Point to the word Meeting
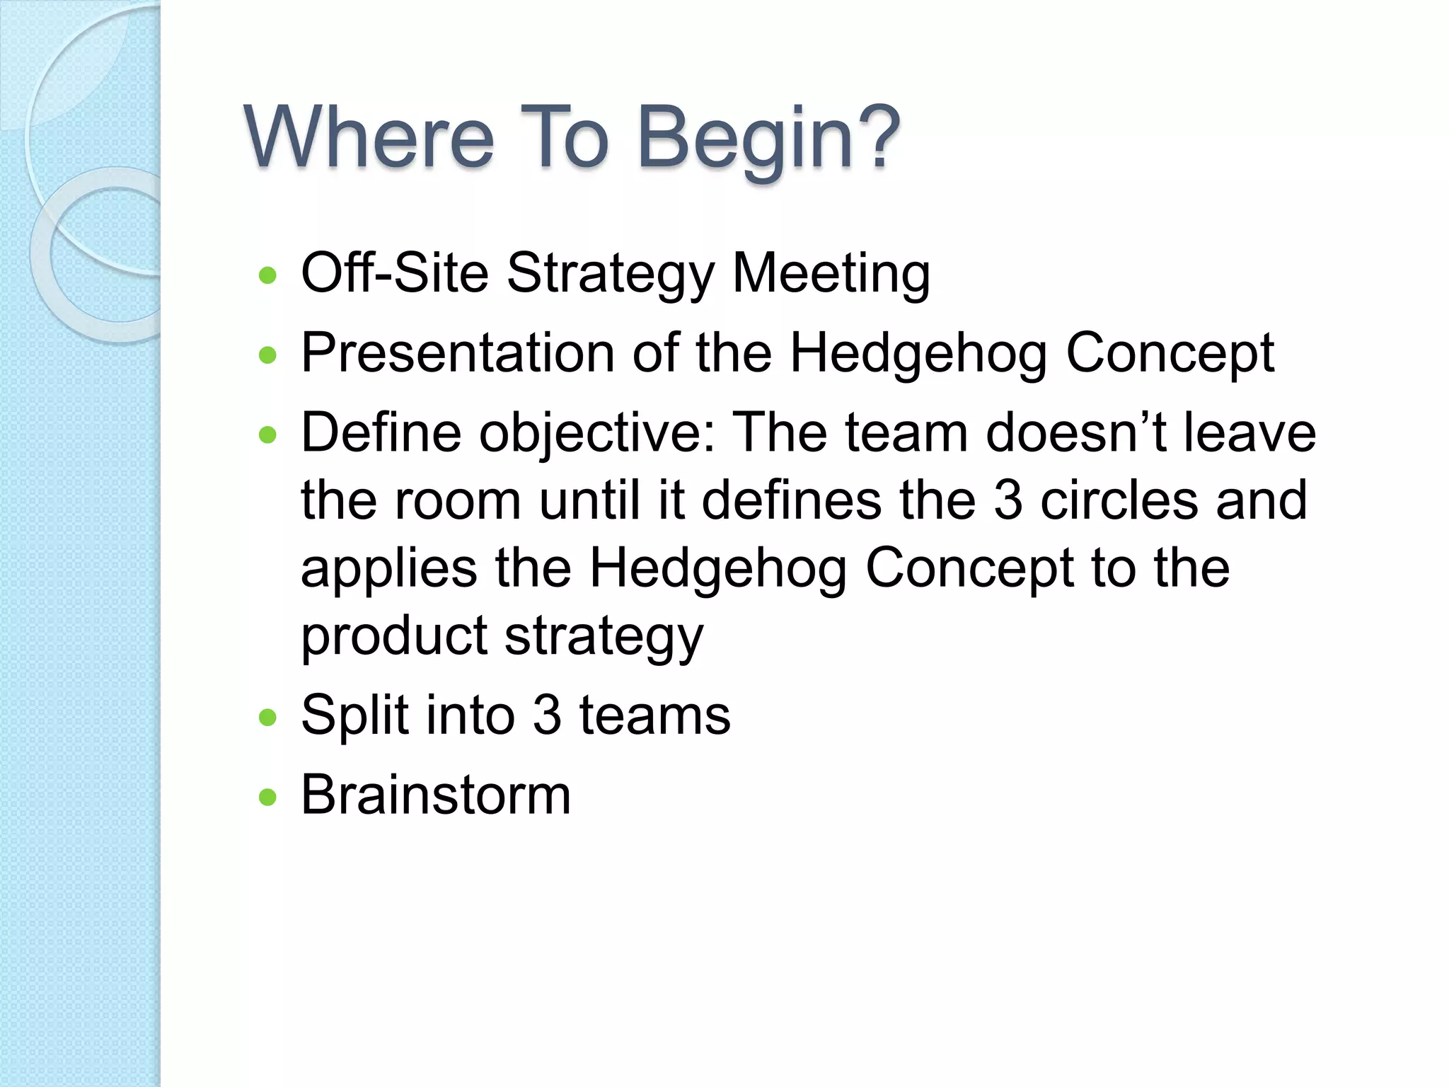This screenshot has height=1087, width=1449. (831, 273)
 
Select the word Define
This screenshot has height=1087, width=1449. (381, 432)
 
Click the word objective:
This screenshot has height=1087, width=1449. (598, 432)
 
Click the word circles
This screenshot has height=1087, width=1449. (1119, 500)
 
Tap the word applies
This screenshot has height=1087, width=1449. (389, 569)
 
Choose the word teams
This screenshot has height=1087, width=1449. (654, 715)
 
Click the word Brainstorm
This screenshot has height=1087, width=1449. (436, 794)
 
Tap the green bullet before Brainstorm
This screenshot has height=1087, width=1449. (267, 798)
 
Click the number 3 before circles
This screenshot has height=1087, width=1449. (1008, 500)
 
